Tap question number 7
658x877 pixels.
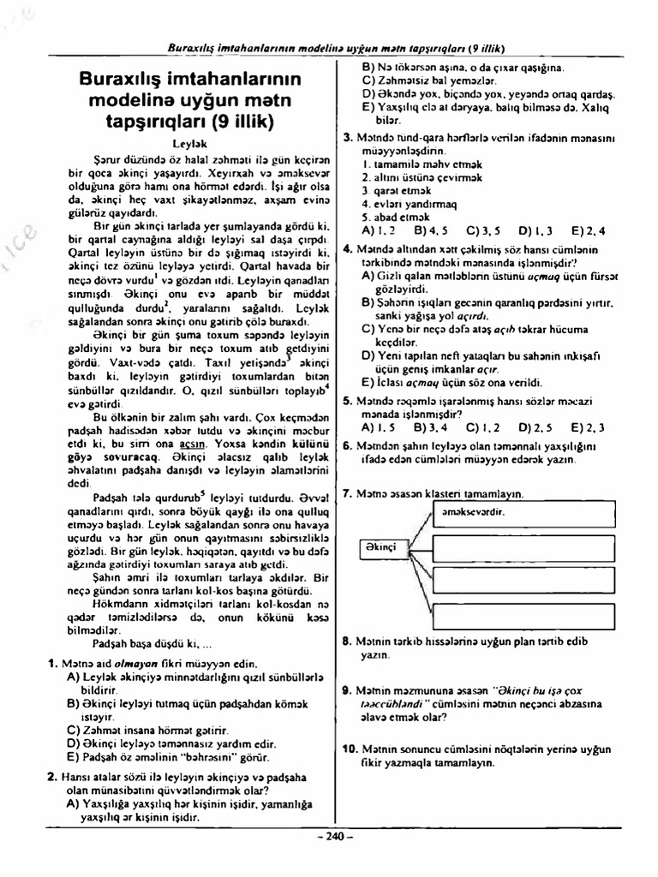(345, 494)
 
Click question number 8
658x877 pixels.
(345, 640)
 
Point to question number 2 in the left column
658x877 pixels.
(51, 778)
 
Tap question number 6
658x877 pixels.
(345, 445)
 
